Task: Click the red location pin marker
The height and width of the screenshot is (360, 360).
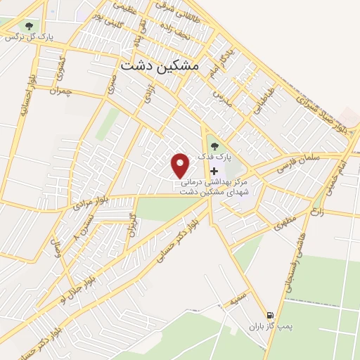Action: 181,165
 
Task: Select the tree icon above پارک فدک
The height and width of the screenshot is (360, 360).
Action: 214,146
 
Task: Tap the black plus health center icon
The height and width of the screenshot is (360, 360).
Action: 214,171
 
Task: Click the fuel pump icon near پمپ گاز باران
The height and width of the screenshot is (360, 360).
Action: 270,314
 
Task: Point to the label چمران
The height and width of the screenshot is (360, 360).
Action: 63,91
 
